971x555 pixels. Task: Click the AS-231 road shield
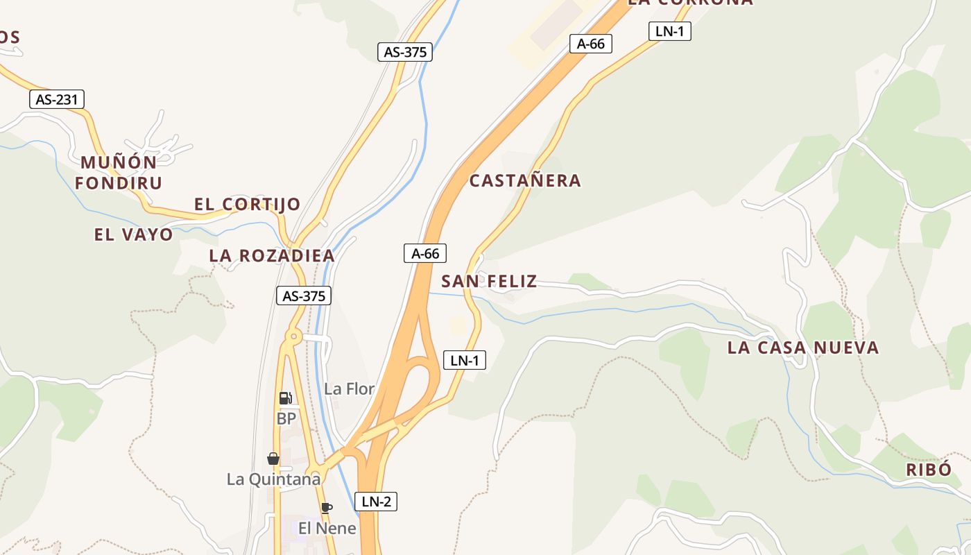click(x=57, y=100)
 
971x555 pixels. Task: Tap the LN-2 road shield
click(x=376, y=502)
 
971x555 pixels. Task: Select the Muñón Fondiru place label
click(x=119, y=173)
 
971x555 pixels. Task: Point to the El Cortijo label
click(x=247, y=204)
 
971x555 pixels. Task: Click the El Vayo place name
click(x=133, y=234)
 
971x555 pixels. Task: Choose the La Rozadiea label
click(x=272, y=256)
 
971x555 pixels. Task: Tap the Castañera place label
click(x=525, y=181)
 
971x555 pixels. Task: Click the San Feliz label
click(x=489, y=281)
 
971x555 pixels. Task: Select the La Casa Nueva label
click(x=802, y=348)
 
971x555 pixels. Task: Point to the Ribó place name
click(x=929, y=470)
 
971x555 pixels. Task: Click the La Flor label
click(x=350, y=389)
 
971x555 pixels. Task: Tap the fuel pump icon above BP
click(x=285, y=398)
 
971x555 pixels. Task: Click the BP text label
click(x=286, y=419)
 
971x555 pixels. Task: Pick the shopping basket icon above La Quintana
click(x=273, y=459)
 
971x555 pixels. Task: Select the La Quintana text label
click(x=274, y=479)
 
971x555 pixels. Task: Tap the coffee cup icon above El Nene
click(x=327, y=508)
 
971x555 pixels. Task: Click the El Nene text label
click(x=327, y=529)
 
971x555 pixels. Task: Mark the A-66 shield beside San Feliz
click(x=425, y=254)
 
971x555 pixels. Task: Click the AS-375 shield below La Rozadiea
click(x=304, y=296)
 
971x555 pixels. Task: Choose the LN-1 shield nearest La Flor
click(x=465, y=361)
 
